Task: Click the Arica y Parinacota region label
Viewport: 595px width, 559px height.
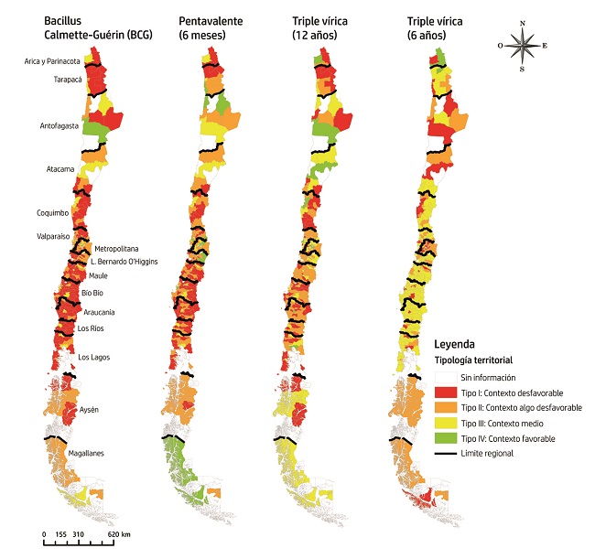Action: pos(52,61)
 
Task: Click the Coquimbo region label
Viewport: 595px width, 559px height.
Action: pos(56,212)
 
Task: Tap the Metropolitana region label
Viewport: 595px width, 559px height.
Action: pos(116,248)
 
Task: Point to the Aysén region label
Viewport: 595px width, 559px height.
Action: pos(90,409)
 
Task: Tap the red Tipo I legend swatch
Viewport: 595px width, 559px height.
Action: pos(445,392)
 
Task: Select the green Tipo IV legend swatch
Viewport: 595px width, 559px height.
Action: pos(445,438)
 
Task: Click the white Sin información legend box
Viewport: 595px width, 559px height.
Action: pos(445,376)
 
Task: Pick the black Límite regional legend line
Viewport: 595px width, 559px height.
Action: pos(445,453)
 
